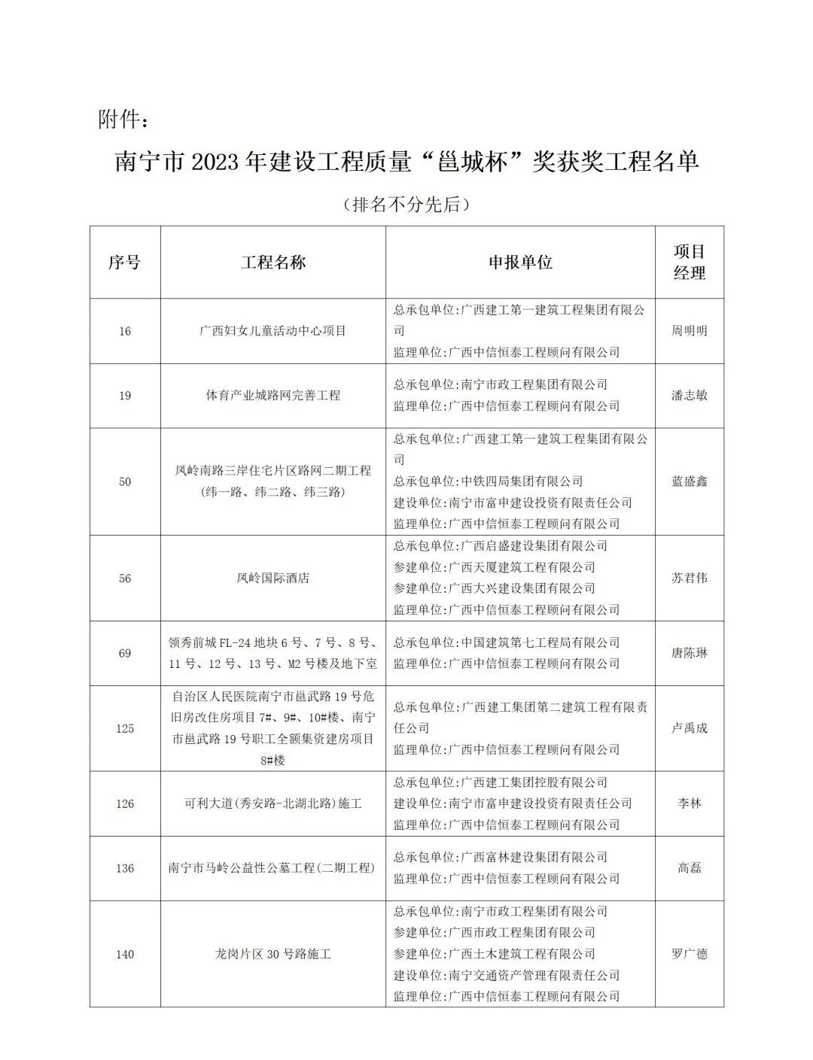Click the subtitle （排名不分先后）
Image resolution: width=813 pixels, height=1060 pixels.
406,204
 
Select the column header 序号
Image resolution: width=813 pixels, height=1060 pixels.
124,262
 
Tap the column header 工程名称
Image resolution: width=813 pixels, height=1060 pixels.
273,262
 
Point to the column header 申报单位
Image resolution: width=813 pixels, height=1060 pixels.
520,262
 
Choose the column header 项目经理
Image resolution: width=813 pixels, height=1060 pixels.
689,262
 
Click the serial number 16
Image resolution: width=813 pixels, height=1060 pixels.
124,331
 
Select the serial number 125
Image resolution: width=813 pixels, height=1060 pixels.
124,728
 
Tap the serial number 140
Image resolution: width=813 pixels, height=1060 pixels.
124,954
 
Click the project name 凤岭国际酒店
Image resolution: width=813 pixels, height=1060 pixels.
273,578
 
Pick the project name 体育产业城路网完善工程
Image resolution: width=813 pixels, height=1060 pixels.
273,395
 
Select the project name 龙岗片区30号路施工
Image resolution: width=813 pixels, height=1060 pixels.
273,954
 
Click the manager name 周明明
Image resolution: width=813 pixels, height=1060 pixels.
689,331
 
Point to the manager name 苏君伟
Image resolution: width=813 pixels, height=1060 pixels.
689,578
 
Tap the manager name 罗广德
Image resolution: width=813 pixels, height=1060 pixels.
689,954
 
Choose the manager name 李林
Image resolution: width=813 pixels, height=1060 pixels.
689,803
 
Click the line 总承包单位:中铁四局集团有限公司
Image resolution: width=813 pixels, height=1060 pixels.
488,481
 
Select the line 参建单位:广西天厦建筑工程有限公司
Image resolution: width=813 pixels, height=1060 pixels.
494,567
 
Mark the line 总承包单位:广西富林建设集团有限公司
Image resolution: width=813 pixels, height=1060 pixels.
500,857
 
